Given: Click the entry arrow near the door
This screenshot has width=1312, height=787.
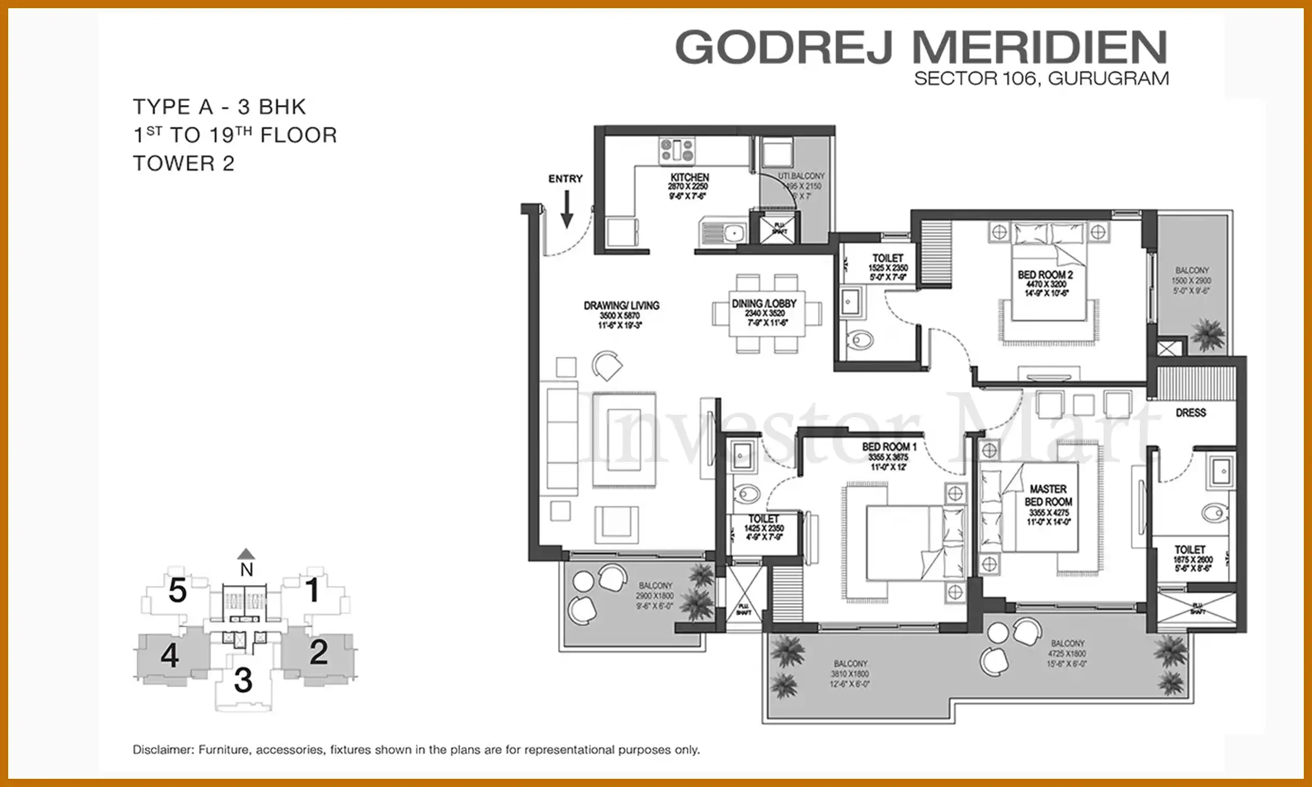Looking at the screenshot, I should click(x=567, y=209).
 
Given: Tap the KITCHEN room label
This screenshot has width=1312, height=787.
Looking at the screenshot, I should click(x=689, y=178).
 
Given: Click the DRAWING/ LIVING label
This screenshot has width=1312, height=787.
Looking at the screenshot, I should click(x=621, y=306).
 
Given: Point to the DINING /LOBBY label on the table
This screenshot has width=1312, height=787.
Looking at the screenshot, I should click(x=764, y=303).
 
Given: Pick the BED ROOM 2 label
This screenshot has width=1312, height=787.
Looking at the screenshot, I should click(x=1045, y=275).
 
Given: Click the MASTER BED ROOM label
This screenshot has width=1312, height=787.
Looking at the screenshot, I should click(x=1048, y=495).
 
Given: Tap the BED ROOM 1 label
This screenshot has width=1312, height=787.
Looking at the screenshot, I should click(x=889, y=447).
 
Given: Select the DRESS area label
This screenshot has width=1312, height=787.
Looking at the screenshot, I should click(x=1191, y=413).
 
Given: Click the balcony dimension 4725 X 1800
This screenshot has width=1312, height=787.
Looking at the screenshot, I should click(x=1067, y=654).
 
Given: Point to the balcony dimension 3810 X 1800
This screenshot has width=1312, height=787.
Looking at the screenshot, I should click(x=850, y=674).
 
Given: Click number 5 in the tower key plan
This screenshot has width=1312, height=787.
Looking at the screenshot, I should click(x=177, y=590).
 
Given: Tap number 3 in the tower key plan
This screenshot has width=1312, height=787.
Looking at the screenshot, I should click(x=243, y=680).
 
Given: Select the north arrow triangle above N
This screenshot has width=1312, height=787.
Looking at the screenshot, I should click(x=247, y=554).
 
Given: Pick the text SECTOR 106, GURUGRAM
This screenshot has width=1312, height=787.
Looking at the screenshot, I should click(x=1041, y=79).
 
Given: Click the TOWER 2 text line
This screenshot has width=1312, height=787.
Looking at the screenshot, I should click(x=184, y=163).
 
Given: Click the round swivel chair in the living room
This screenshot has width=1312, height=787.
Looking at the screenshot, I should click(x=607, y=365).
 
